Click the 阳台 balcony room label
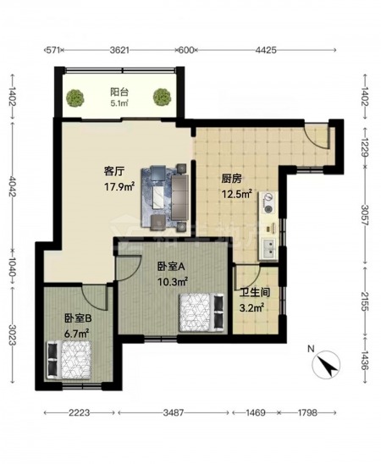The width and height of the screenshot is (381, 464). pos(119,92)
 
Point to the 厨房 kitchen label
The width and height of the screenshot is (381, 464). pos(232,179)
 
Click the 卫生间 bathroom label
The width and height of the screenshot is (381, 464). pos(254,293)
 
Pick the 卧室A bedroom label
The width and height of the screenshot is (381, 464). pos(171,267)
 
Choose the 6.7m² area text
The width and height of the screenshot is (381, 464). pos(77,334)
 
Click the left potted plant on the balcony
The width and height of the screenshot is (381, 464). pos(75,98)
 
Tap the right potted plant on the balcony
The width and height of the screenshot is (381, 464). pos(162,97)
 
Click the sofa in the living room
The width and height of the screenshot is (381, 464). pos(180,197)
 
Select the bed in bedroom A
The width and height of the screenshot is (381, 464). pos(202,312)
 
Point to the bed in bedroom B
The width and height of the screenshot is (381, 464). pos(69,360)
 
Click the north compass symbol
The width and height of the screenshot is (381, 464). pos(326,365)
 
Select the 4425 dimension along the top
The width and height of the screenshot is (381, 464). pos(266,50)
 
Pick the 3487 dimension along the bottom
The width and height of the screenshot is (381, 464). pos(174,412)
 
